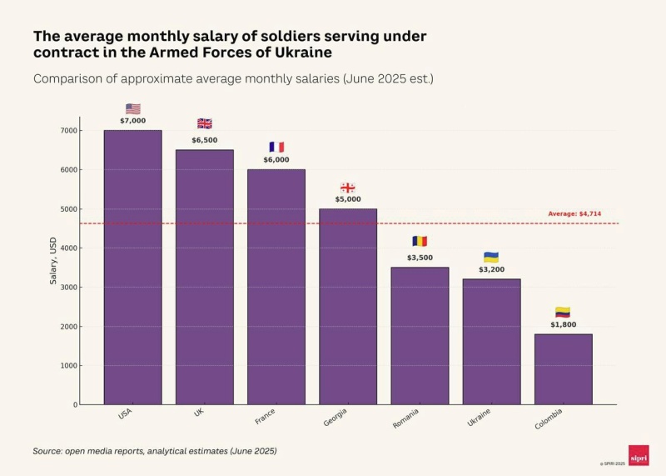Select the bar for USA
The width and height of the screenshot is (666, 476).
point(132,267)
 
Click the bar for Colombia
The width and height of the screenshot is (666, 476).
point(563,369)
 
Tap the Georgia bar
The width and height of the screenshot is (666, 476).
point(347,306)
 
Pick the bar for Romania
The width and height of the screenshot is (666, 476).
point(420,335)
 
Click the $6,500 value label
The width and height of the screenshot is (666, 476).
point(204,140)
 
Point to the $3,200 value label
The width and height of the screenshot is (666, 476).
point(491,269)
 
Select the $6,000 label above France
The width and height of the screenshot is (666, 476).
point(276,160)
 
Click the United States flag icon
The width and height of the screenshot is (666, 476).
point(132,109)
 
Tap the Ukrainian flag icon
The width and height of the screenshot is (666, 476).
point(491,257)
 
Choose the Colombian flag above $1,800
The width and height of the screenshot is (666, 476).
point(563,312)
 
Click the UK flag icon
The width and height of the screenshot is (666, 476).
point(204,123)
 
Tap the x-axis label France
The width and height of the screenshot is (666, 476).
point(266,415)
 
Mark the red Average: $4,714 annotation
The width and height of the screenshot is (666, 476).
point(574,214)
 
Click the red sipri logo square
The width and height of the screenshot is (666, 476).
point(639,454)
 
